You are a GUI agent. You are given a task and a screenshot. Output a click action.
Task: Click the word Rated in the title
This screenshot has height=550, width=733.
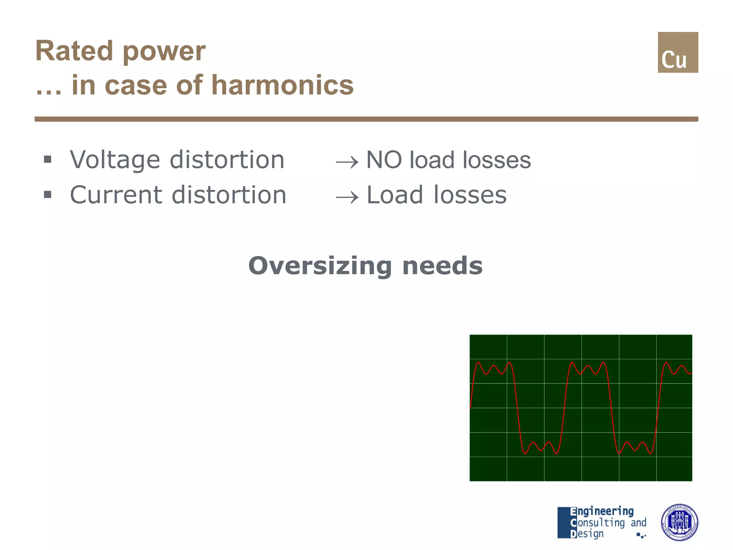74,51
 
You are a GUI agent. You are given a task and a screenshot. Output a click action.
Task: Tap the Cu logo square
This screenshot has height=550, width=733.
678,53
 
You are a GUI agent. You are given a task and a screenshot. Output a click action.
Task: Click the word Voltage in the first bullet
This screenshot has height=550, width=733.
115,160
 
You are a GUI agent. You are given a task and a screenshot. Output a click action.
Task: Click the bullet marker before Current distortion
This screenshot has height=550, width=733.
48,195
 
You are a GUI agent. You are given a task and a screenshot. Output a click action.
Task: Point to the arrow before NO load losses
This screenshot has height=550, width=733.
347,162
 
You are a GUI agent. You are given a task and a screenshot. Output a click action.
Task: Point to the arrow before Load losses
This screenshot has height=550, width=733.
347,197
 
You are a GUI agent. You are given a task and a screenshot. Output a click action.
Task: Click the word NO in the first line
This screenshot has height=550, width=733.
384,160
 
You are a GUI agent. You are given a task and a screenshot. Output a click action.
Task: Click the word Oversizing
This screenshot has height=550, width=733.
320,266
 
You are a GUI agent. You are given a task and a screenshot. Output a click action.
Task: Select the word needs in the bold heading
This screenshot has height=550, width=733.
442,266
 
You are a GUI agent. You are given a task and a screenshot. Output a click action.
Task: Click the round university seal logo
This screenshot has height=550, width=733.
679,522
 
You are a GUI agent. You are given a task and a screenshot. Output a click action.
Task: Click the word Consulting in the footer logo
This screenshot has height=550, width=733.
598,523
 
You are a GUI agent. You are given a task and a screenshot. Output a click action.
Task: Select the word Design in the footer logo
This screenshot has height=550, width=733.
587,534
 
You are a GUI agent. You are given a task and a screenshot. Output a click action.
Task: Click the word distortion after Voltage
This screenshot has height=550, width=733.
227,160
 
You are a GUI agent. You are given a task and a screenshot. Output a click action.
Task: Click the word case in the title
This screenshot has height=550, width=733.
136,86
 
